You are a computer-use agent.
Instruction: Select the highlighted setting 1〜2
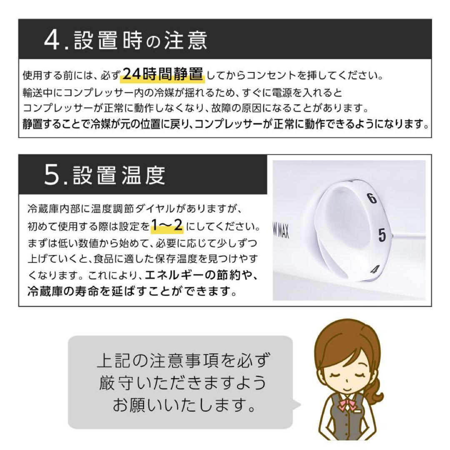(x=167, y=226)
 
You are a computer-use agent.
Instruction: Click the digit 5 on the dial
(x=382, y=236)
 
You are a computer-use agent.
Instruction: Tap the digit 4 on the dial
(x=374, y=270)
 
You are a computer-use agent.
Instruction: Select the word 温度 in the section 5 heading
(x=142, y=176)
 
